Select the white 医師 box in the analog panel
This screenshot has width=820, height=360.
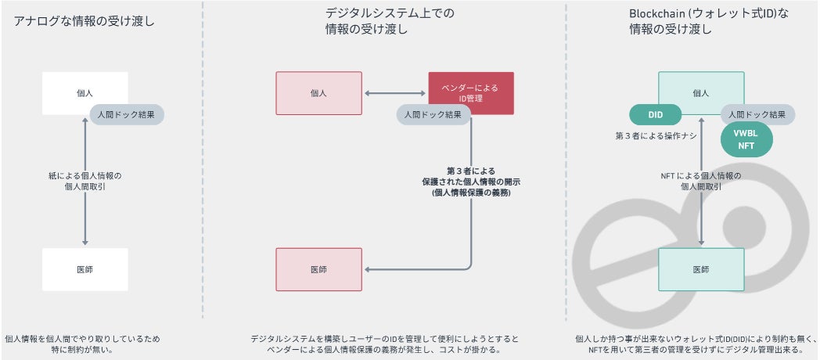(85, 269)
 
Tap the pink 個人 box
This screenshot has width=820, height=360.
(318, 93)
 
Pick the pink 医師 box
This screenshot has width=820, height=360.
(318, 269)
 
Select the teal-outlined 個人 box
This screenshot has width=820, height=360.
(701, 88)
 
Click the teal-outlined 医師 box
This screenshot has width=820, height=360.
(701, 269)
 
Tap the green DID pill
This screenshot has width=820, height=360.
(656, 115)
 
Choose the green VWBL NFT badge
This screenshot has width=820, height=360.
(746, 139)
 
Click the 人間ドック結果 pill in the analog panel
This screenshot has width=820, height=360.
(127, 114)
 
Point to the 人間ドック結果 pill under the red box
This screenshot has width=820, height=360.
(433, 114)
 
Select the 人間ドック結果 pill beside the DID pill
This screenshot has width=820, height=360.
(757, 114)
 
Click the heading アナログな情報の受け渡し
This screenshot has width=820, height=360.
(84, 21)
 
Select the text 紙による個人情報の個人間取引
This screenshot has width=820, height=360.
(85, 181)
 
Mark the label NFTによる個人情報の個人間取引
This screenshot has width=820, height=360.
(701, 181)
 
